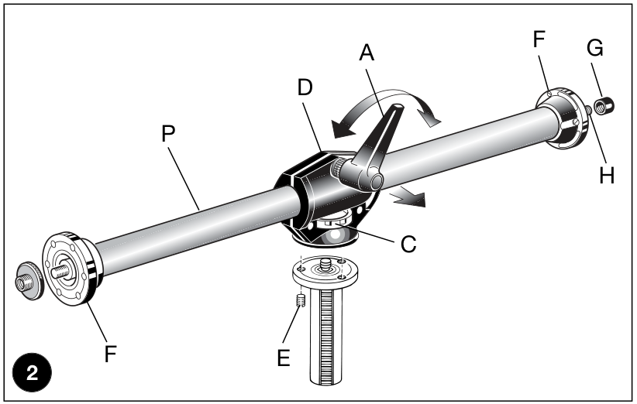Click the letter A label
(367, 53)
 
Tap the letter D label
(305, 87)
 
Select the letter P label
(168, 133)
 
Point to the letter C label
(408, 245)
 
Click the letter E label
(284, 358)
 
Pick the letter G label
(594, 48)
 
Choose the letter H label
(607, 176)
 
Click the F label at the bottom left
(111, 353)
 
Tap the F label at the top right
(539, 39)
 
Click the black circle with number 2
(32, 372)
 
